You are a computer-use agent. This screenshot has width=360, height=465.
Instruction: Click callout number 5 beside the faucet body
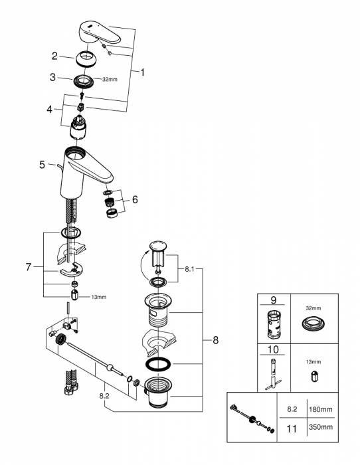point(43,164)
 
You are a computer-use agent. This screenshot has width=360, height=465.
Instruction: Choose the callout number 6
point(136,199)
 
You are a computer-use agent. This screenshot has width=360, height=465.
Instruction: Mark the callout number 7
point(29,267)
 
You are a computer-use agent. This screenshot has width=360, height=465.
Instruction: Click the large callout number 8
point(215,340)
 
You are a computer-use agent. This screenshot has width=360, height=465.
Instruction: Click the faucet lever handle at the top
point(100,32)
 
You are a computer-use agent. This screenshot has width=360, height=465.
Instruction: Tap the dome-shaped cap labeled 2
point(88,59)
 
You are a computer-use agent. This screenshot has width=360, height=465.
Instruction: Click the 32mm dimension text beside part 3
point(111,79)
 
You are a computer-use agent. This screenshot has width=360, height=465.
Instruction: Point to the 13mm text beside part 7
point(98,297)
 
